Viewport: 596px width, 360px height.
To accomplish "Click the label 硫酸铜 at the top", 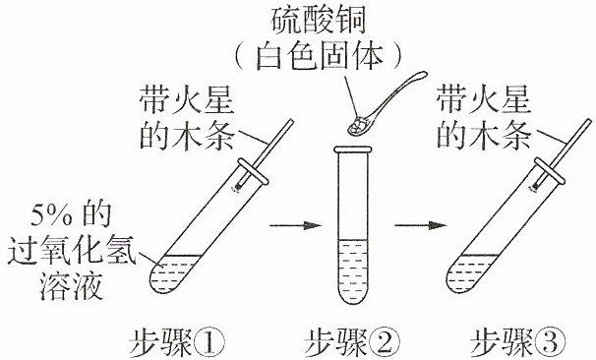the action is pos(318,20).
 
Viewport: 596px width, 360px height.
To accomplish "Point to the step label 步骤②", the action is pos(352,343).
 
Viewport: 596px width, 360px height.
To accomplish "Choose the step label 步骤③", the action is pos(517,343).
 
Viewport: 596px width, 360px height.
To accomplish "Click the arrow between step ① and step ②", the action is pos(296,225).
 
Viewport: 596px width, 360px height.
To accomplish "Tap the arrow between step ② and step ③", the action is pos(420,225).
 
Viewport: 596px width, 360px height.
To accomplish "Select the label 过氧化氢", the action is pos(72,250).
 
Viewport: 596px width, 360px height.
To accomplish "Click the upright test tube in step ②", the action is pos(352,225).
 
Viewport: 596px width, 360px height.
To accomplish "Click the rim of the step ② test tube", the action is pos(352,150).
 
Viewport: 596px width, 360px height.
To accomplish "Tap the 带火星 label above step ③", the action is pos(484,98).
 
